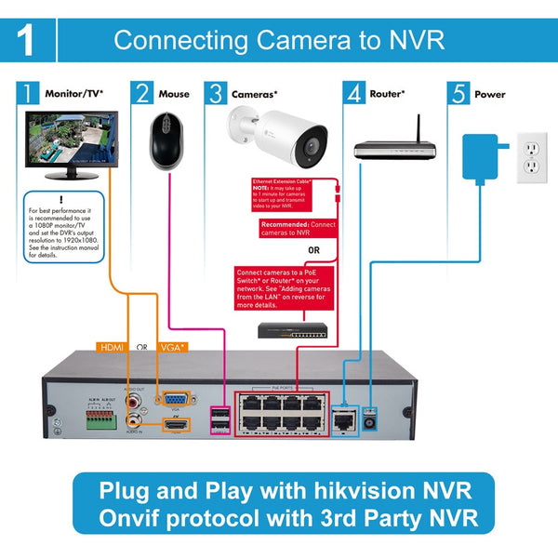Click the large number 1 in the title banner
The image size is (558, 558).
point(28,41)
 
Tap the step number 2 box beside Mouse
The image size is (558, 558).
point(143,94)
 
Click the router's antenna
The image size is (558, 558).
point(418,128)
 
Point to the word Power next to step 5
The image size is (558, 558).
point(490,94)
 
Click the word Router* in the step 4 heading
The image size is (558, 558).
point(389,94)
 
